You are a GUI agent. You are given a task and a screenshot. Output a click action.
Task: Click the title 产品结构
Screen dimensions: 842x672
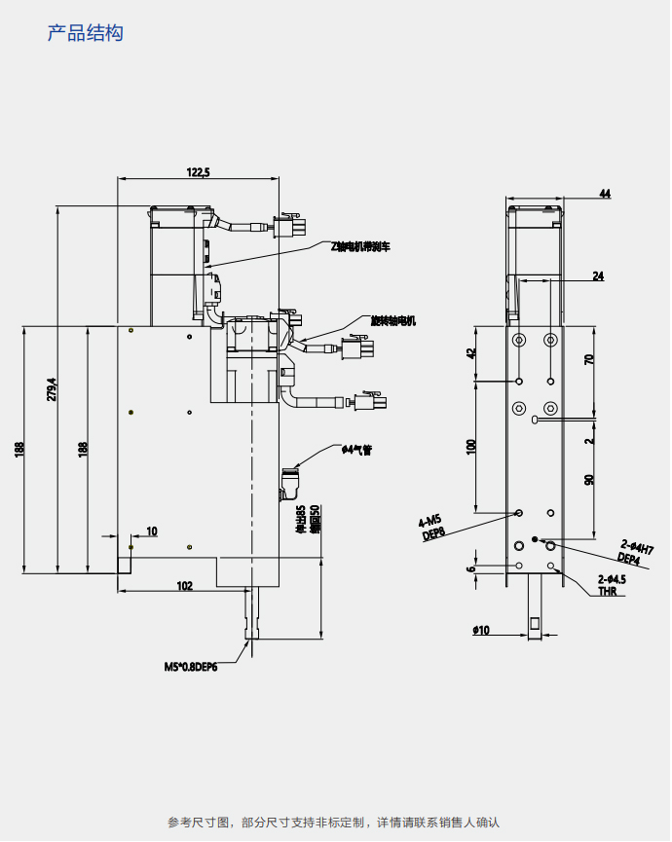[x=86, y=34]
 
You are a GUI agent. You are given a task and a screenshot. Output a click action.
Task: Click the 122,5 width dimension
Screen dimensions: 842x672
[x=198, y=172]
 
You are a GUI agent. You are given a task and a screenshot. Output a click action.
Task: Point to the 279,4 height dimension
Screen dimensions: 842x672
[x=52, y=388]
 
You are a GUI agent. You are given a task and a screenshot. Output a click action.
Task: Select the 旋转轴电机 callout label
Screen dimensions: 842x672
[x=393, y=319]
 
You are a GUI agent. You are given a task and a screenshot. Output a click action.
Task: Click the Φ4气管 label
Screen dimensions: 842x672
[x=356, y=450]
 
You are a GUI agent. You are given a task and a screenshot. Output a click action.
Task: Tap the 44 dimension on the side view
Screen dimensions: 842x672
[x=605, y=195]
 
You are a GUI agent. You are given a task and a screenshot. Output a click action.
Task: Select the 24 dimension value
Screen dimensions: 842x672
[x=597, y=276]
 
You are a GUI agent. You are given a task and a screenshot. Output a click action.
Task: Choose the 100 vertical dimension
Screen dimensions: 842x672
[x=471, y=446]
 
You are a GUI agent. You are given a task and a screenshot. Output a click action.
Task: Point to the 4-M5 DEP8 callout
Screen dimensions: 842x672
[x=431, y=527]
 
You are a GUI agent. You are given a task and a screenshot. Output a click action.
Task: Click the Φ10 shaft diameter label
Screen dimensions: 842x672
[x=480, y=631]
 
